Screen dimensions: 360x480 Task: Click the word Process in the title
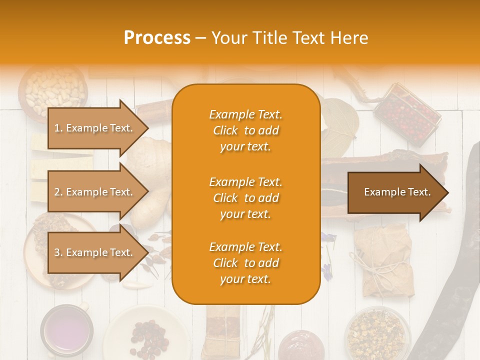[x=157, y=38]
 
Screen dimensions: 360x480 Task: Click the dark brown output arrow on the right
[x=397, y=192]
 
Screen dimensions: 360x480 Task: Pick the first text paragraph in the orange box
[x=245, y=130]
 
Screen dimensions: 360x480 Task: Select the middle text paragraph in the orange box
[x=245, y=197]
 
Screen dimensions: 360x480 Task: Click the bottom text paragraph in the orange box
[x=245, y=263]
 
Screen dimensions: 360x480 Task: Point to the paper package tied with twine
[x=385, y=260]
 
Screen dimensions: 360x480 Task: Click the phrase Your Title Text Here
[x=289, y=38]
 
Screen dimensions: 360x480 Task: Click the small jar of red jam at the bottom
[x=299, y=345]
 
